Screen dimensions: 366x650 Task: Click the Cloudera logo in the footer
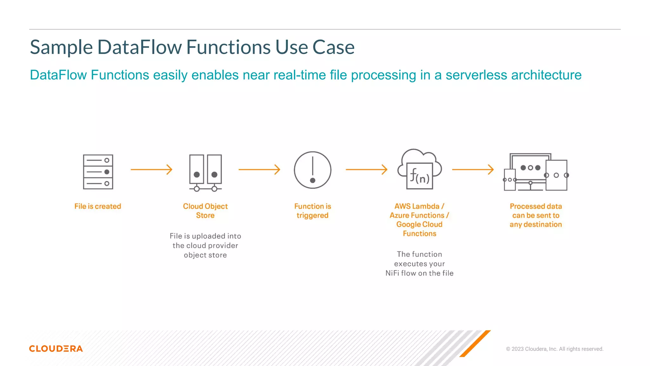click(x=56, y=349)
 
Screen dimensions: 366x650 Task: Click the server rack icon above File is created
click(x=98, y=172)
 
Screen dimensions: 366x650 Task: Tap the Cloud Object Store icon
click(x=205, y=173)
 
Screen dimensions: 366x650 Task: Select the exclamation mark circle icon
click(x=313, y=170)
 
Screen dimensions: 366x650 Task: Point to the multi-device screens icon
click(x=535, y=173)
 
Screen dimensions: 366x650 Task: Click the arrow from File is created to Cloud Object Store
click(x=151, y=170)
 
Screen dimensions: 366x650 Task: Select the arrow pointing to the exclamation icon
click(x=259, y=170)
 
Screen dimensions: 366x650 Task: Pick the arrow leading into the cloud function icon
click(x=367, y=170)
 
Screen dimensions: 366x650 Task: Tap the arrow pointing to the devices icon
click(x=473, y=170)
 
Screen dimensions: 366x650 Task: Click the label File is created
click(x=98, y=207)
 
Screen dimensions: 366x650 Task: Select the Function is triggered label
click(x=313, y=211)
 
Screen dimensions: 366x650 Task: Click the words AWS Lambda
click(x=417, y=207)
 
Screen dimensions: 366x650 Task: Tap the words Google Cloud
click(x=419, y=225)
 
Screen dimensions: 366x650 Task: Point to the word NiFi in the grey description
click(x=392, y=273)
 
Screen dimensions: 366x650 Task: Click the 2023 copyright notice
click(x=554, y=349)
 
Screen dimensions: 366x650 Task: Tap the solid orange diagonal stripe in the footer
click(x=475, y=344)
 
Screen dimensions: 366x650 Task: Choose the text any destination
click(x=536, y=225)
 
